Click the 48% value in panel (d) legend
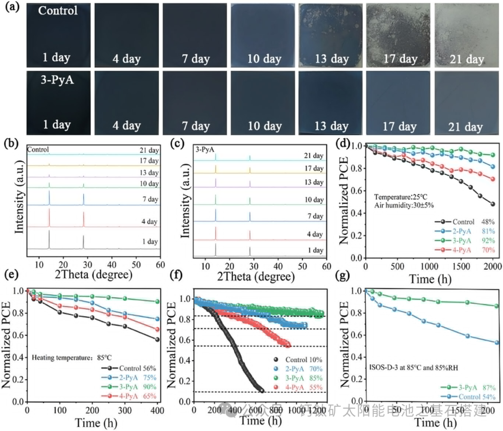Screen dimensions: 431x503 point(481,222)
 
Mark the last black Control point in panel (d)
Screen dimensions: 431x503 point(493,204)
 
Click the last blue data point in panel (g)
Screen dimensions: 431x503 point(496,342)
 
